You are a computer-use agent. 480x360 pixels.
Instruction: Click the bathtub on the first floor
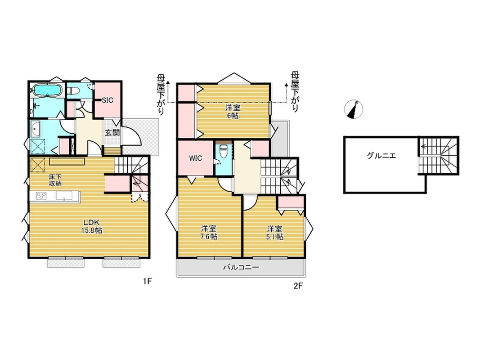tap(47, 90)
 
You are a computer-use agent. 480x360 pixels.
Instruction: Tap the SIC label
tap(108, 100)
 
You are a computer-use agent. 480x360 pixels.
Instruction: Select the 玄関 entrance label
tap(112, 133)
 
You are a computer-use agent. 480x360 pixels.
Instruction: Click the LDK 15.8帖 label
tap(92, 226)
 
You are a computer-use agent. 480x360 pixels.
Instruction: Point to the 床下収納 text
tap(55, 180)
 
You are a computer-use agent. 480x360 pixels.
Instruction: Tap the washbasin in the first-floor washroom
tap(36, 129)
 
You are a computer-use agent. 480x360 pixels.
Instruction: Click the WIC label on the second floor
tap(195, 158)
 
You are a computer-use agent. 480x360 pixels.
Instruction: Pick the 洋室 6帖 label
tap(233, 112)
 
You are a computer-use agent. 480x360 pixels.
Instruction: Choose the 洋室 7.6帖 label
tap(209, 232)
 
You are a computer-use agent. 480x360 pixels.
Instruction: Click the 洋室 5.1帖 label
tap(275, 233)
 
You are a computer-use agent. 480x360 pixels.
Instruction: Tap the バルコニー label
tap(241, 268)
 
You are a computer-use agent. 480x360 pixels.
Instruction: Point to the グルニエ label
tap(381, 156)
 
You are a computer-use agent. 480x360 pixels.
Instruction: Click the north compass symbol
tap(354, 109)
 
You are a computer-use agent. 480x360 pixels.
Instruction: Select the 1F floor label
tap(147, 281)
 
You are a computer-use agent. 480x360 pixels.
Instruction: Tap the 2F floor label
tap(298, 286)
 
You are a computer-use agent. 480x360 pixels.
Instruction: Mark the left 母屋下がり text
tap(161, 94)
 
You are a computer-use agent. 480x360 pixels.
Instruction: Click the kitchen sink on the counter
tap(64, 196)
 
